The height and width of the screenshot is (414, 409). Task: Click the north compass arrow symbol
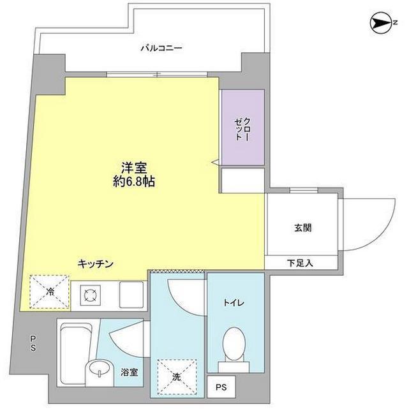(381, 23)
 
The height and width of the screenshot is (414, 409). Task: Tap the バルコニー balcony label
(161, 48)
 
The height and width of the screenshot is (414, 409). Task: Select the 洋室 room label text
(134, 167)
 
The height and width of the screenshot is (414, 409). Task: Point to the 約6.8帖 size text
(134, 182)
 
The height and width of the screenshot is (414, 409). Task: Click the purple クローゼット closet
(243, 127)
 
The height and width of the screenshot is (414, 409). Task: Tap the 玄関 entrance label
(303, 228)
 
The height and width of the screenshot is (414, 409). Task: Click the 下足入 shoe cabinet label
(300, 263)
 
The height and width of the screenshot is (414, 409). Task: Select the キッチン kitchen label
(96, 263)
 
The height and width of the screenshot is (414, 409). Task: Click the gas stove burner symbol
(91, 295)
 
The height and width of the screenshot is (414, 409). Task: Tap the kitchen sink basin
(131, 295)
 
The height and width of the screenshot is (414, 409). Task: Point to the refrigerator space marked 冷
(49, 292)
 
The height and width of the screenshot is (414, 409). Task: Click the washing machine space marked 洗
(177, 377)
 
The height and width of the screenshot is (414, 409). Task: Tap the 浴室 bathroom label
(130, 373)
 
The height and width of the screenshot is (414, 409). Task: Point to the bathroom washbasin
(100, 367)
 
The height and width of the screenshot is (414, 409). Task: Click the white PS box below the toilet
(221, 387)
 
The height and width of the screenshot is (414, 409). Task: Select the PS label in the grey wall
(33, 343)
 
